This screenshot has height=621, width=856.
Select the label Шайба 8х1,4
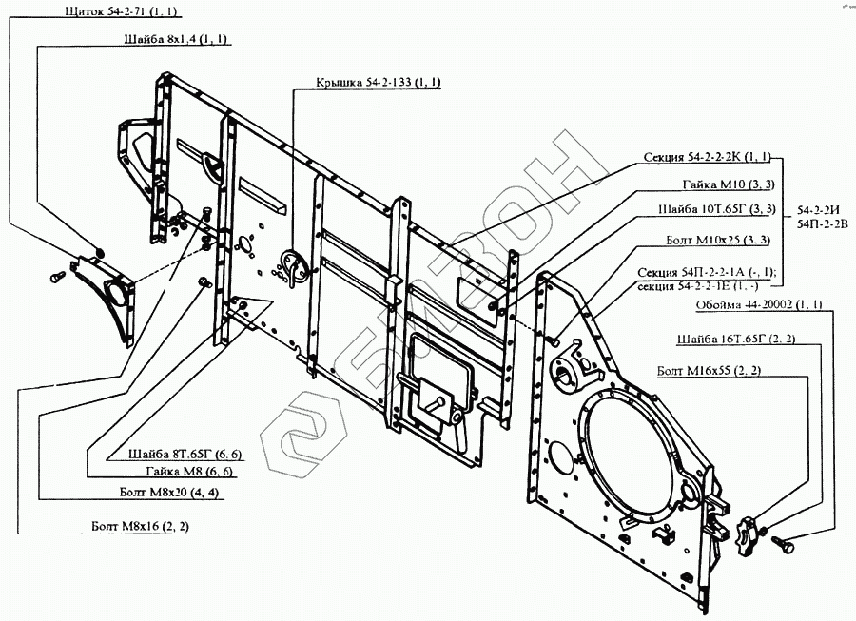coord(176,39)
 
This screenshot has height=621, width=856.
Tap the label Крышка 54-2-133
coord(378,83)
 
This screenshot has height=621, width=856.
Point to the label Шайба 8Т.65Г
coord(181,454)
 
